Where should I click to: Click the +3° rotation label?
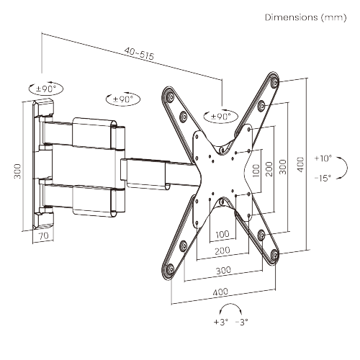pos(220,322)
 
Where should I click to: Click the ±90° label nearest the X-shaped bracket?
pos(220,116)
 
